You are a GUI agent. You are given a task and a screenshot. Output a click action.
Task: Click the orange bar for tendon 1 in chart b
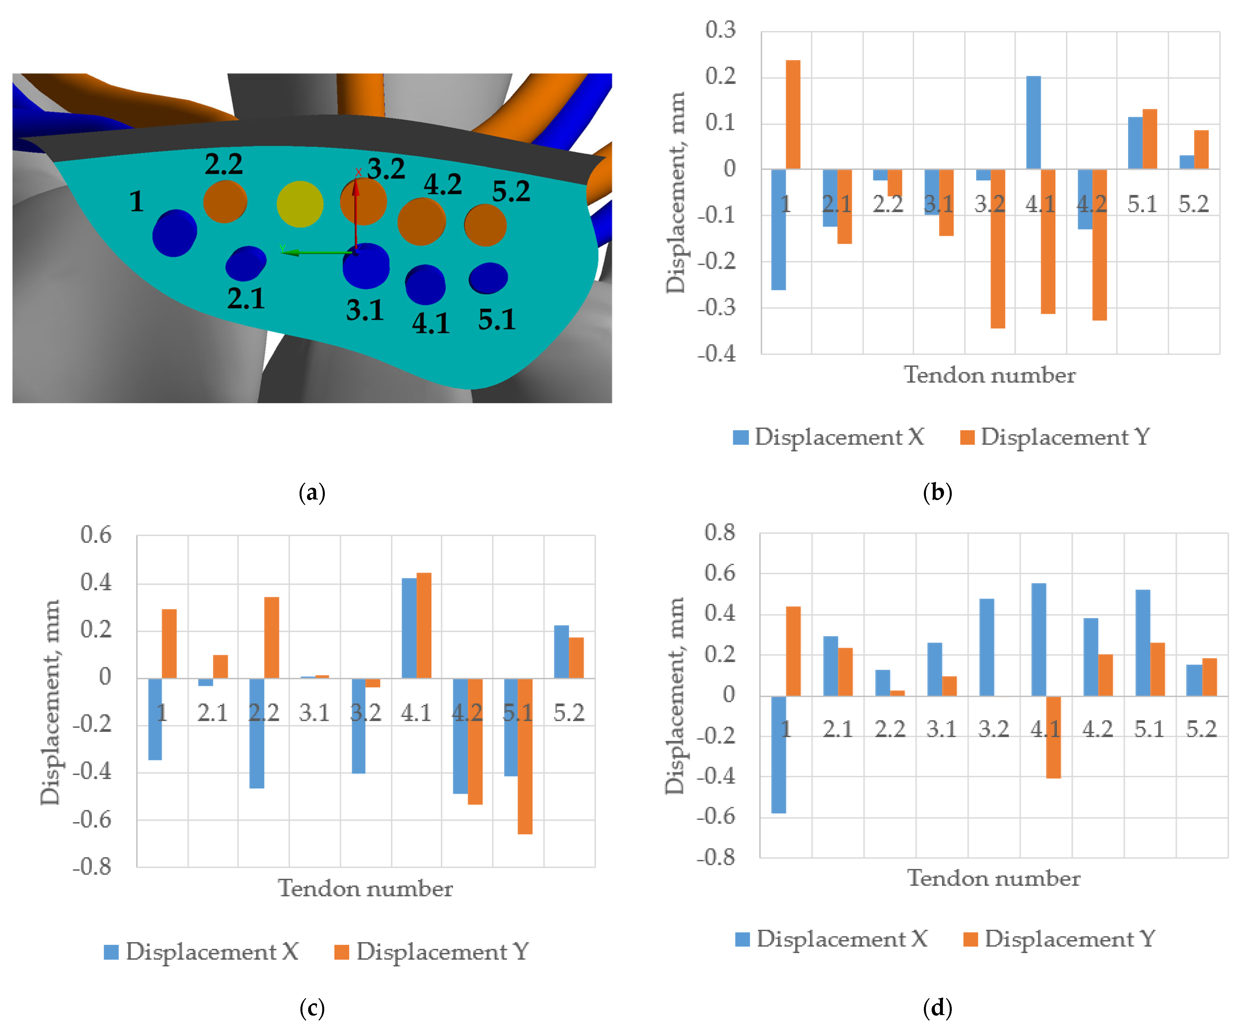pos(793,115)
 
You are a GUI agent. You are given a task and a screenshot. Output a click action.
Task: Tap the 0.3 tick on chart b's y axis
pos(720,30)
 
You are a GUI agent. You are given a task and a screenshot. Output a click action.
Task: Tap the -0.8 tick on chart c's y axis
pos(92,867)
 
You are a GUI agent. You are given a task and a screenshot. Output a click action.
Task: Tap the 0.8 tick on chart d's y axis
pos(720,532)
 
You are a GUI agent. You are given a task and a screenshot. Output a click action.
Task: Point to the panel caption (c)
pos(312,1008)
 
